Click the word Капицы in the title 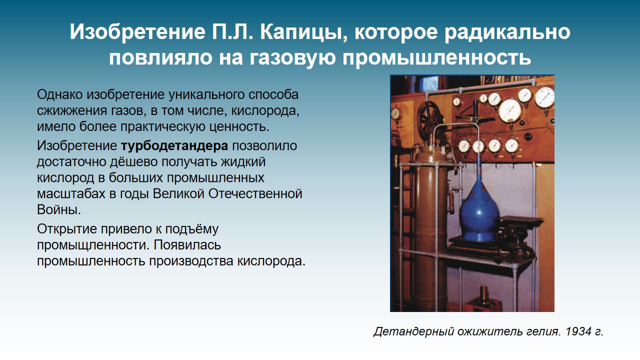click(x=303, y=32)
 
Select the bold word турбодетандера click(x=174, y=146)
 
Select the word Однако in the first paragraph click(x=59, y=95)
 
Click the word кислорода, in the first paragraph click(x=265, y=111)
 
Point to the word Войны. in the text click(x=59, y=209)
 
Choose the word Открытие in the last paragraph click(x=67, y=229)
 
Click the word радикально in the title click(x=507, y=32)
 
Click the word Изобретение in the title click(x=137, y=32)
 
